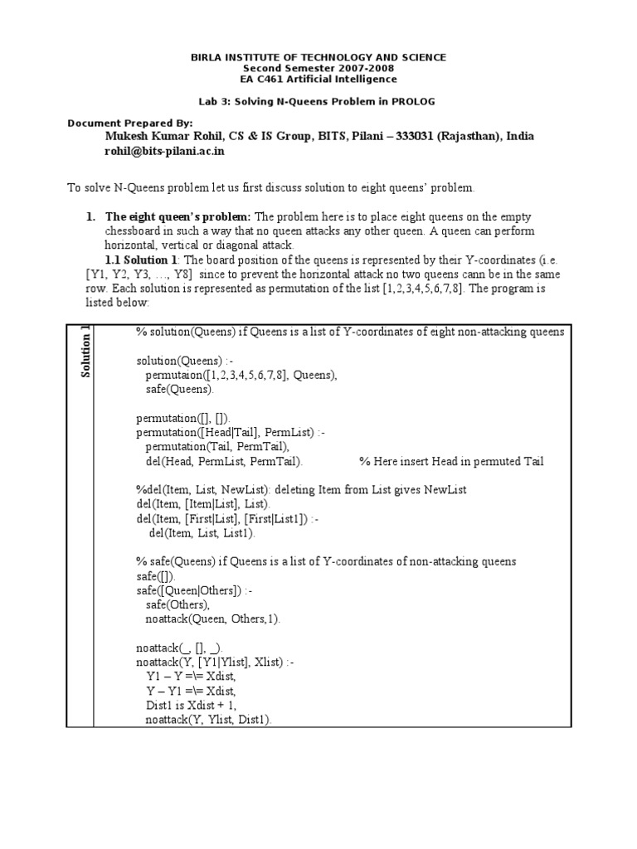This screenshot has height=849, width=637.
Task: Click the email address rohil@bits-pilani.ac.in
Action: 164,152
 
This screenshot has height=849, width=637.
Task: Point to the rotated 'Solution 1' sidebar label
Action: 85,352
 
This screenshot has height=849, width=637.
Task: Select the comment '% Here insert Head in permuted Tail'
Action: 451,462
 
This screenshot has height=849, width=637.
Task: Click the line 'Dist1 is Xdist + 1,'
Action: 190,706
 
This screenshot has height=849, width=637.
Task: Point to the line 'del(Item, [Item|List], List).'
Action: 203,504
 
